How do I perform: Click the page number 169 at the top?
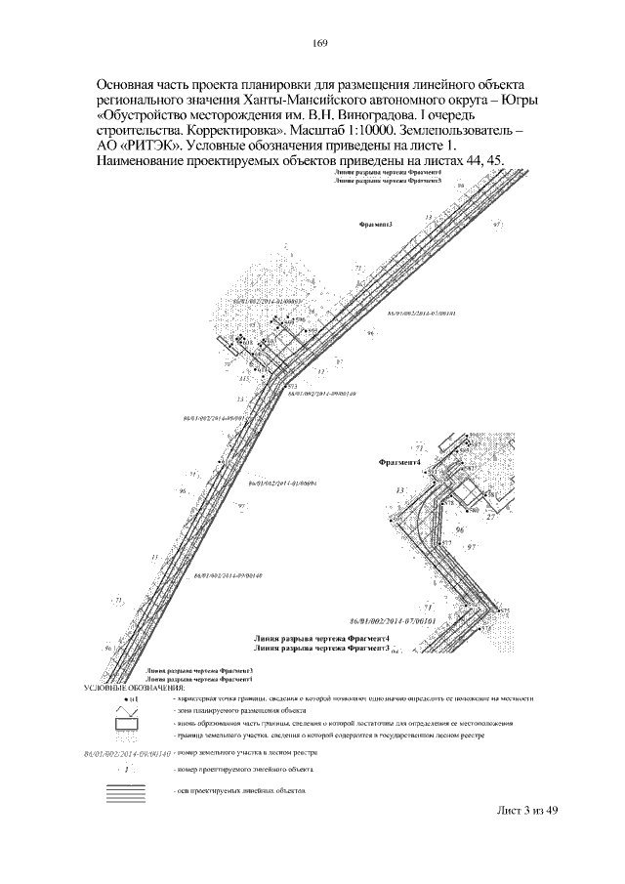click(x=318, y=42)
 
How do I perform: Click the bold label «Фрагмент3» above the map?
click(x=377, y=225)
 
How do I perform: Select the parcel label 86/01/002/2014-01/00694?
click(x=285, y=484)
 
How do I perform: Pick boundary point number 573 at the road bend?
click(x=292, y=388)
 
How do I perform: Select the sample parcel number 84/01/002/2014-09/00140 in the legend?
click(x=127, y=753)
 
